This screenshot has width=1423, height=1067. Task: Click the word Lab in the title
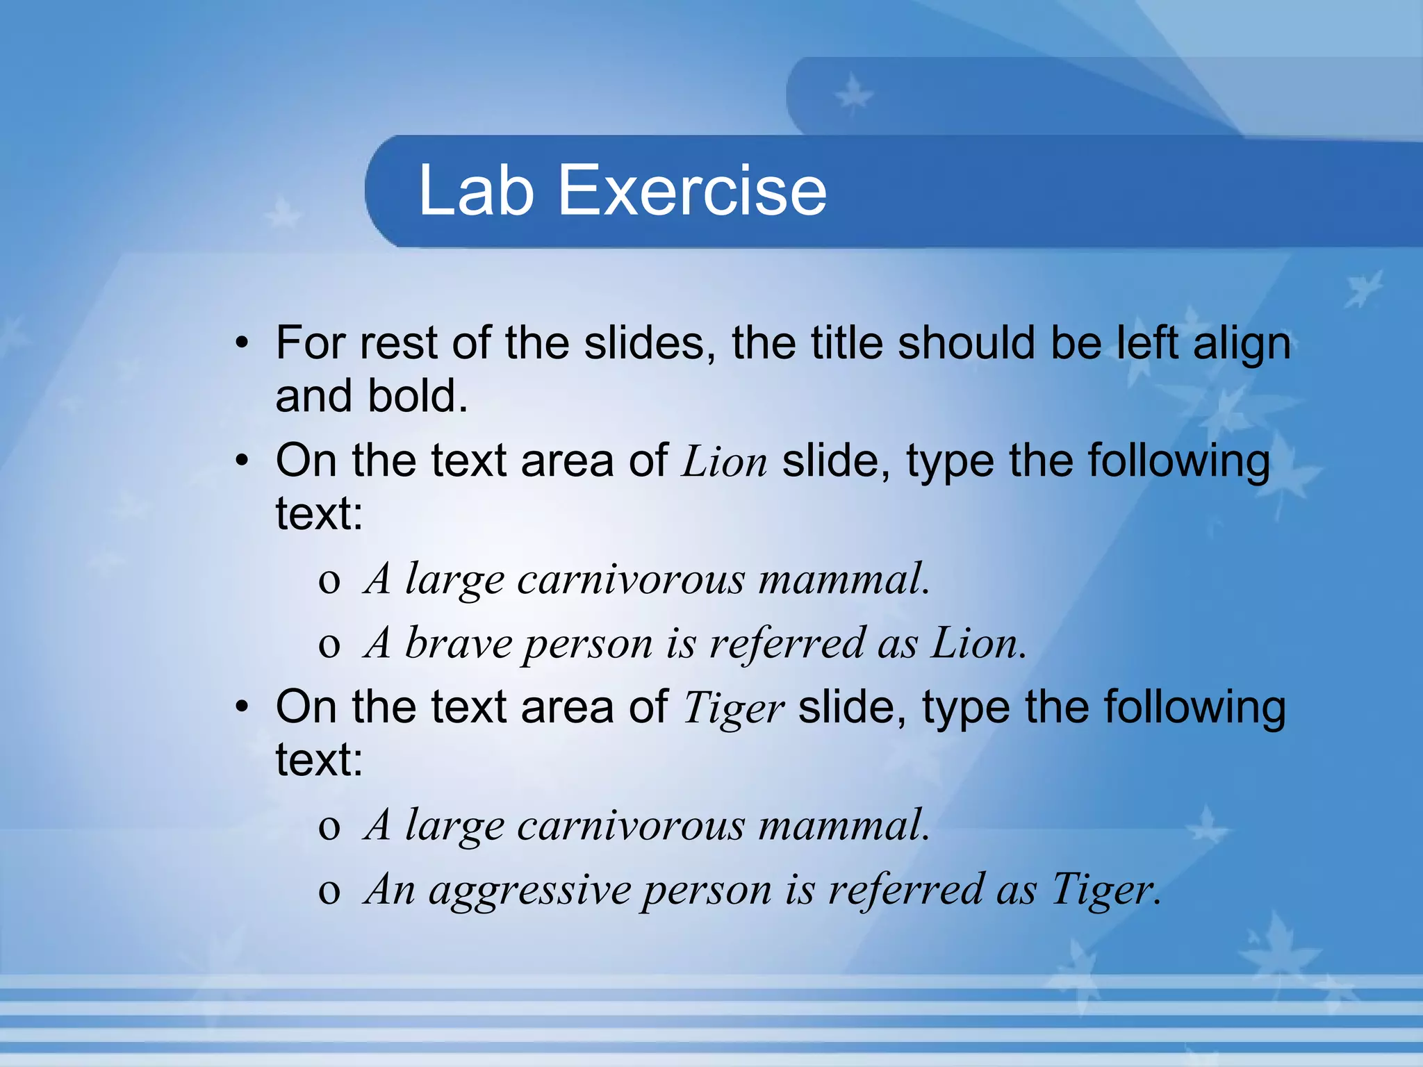(476, 190)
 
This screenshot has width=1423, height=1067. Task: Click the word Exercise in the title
(692, 190)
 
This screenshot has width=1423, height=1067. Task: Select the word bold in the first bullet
(417, 396)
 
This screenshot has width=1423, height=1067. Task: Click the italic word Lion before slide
(724, 461)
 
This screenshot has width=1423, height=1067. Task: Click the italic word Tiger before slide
(734, 709)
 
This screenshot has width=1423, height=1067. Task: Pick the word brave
(458, 643)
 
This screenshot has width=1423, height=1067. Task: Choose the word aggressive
(529, 890)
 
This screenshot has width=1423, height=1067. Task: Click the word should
(966, 343)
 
